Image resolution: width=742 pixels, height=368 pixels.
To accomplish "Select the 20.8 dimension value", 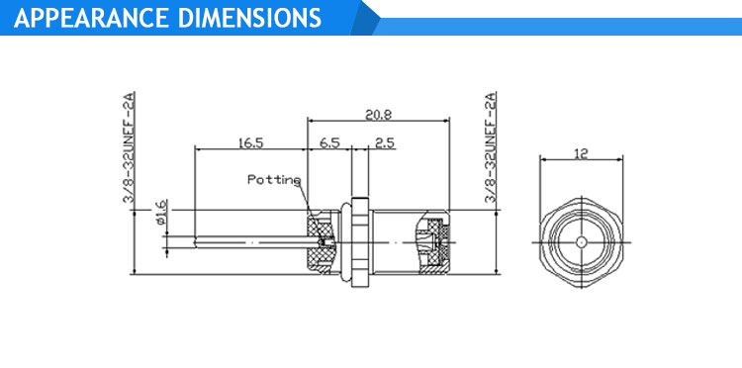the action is coord(378,115).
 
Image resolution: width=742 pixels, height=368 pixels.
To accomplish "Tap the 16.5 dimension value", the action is coord(250,142).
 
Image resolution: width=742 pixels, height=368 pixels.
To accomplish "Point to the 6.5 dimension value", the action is coord(329,142).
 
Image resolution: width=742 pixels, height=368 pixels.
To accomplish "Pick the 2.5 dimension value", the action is coord(385,142).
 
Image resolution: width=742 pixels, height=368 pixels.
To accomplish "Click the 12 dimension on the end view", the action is coord(581,153).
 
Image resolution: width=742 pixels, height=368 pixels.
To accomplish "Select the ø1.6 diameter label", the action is coord(160,212).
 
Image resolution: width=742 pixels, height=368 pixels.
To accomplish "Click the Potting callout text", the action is coord(274,180).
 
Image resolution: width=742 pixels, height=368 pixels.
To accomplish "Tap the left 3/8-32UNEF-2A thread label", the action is coord(130,147).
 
